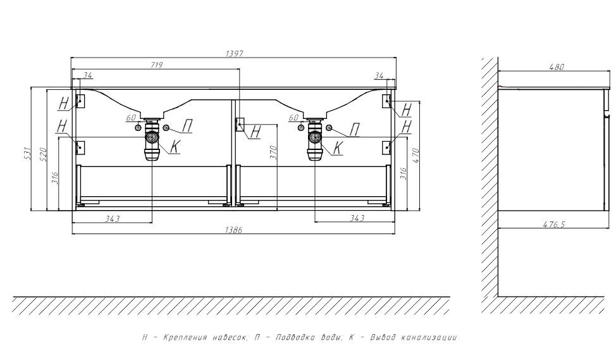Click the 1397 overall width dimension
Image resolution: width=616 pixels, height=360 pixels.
[x=235, y=53]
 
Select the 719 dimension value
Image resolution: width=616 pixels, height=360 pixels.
[x=156, y=65]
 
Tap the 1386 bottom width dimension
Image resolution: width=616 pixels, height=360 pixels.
[x=233, y=230]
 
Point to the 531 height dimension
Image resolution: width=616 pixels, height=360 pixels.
[x=27, y=153]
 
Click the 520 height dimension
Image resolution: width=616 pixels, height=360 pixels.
[x=43, y=154]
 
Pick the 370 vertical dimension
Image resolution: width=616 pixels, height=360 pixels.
[x=273, y=152]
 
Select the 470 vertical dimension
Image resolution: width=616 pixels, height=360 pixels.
[x=416, y=156]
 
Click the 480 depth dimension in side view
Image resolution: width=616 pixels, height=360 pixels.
[x=557, y=67]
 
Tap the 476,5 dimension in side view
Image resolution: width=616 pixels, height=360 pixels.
[x=554, y=225]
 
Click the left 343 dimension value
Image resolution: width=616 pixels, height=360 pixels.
[x=113, y=218]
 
